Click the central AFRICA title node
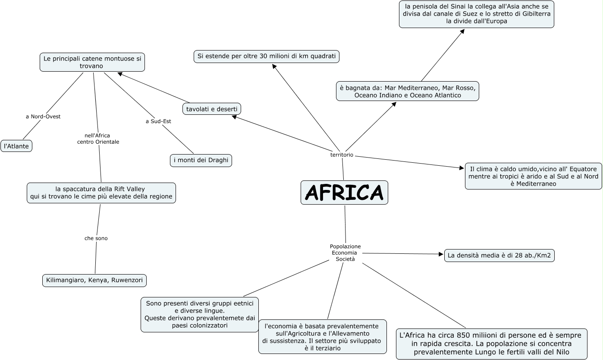pyautogui.click(x=344, y=193)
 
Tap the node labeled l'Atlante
pyautogui.click(x=16, y=146)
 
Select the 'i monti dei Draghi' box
pyautogui.click(x=201, y=161)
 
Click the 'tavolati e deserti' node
pyautogui.click(x=212, y=109)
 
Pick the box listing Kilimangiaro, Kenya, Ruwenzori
pyautogui.click(x=94, y=281)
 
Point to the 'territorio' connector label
pyautogui.click(x=342, y=155)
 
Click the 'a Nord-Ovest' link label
pyautogui.click(x=43, y=117)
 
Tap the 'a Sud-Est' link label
pyautogui.click(x=158, y=121)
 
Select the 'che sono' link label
pyautogui.click(x=96, y=238)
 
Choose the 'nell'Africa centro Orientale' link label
pyautogui.click(x=98, y=139)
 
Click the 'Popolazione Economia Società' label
pyautogui.click(x=345, y=253)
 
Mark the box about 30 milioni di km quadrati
pyautogui.click(x=267, y=57)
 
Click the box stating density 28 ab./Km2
pyautogui.click(x=499, y=256)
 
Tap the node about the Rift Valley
pyautogui.click(x=101, y=193)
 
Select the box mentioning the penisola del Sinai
pyautogui.click(x=476, y=14)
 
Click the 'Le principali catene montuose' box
pyautogui.click(x=92, y=62)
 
